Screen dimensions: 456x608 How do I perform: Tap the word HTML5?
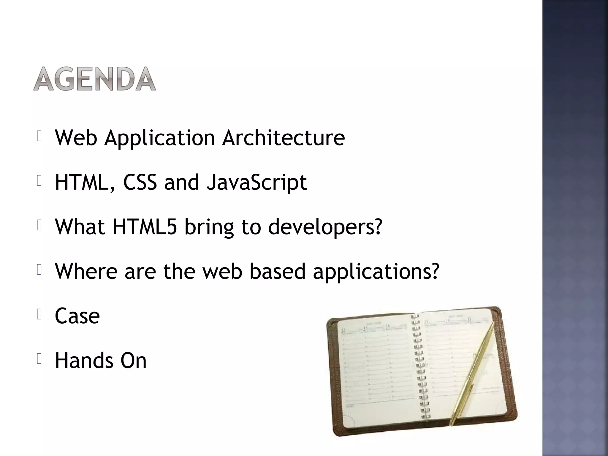coord(145,227)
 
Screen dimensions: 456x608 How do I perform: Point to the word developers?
coord(325,227)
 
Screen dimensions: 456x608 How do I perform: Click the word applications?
coord(376,272)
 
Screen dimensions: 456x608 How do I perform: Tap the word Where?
coord(86,271)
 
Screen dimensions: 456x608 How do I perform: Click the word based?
coord(278,271)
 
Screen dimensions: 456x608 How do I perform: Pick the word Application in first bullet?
coord(159,138)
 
